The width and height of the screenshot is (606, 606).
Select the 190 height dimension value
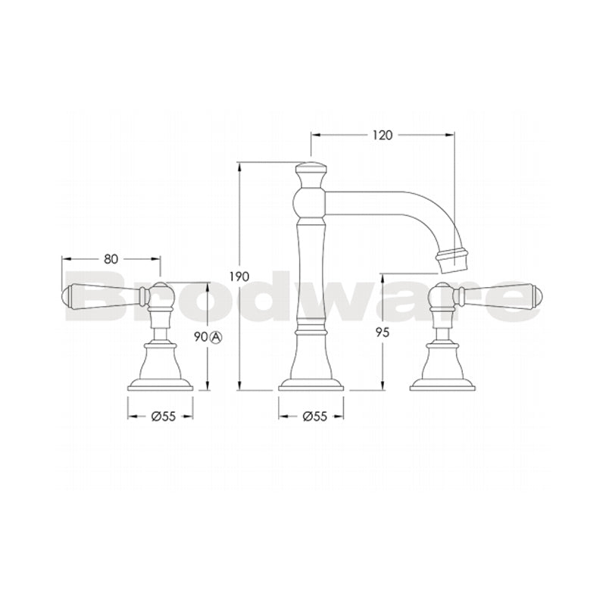(240, 277)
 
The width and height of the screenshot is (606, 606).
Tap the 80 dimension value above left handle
(111, 258)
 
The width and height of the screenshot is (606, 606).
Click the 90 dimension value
(200, 337)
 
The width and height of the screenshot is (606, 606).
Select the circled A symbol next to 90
(215, 338)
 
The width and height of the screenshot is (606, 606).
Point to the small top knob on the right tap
(442, 292)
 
